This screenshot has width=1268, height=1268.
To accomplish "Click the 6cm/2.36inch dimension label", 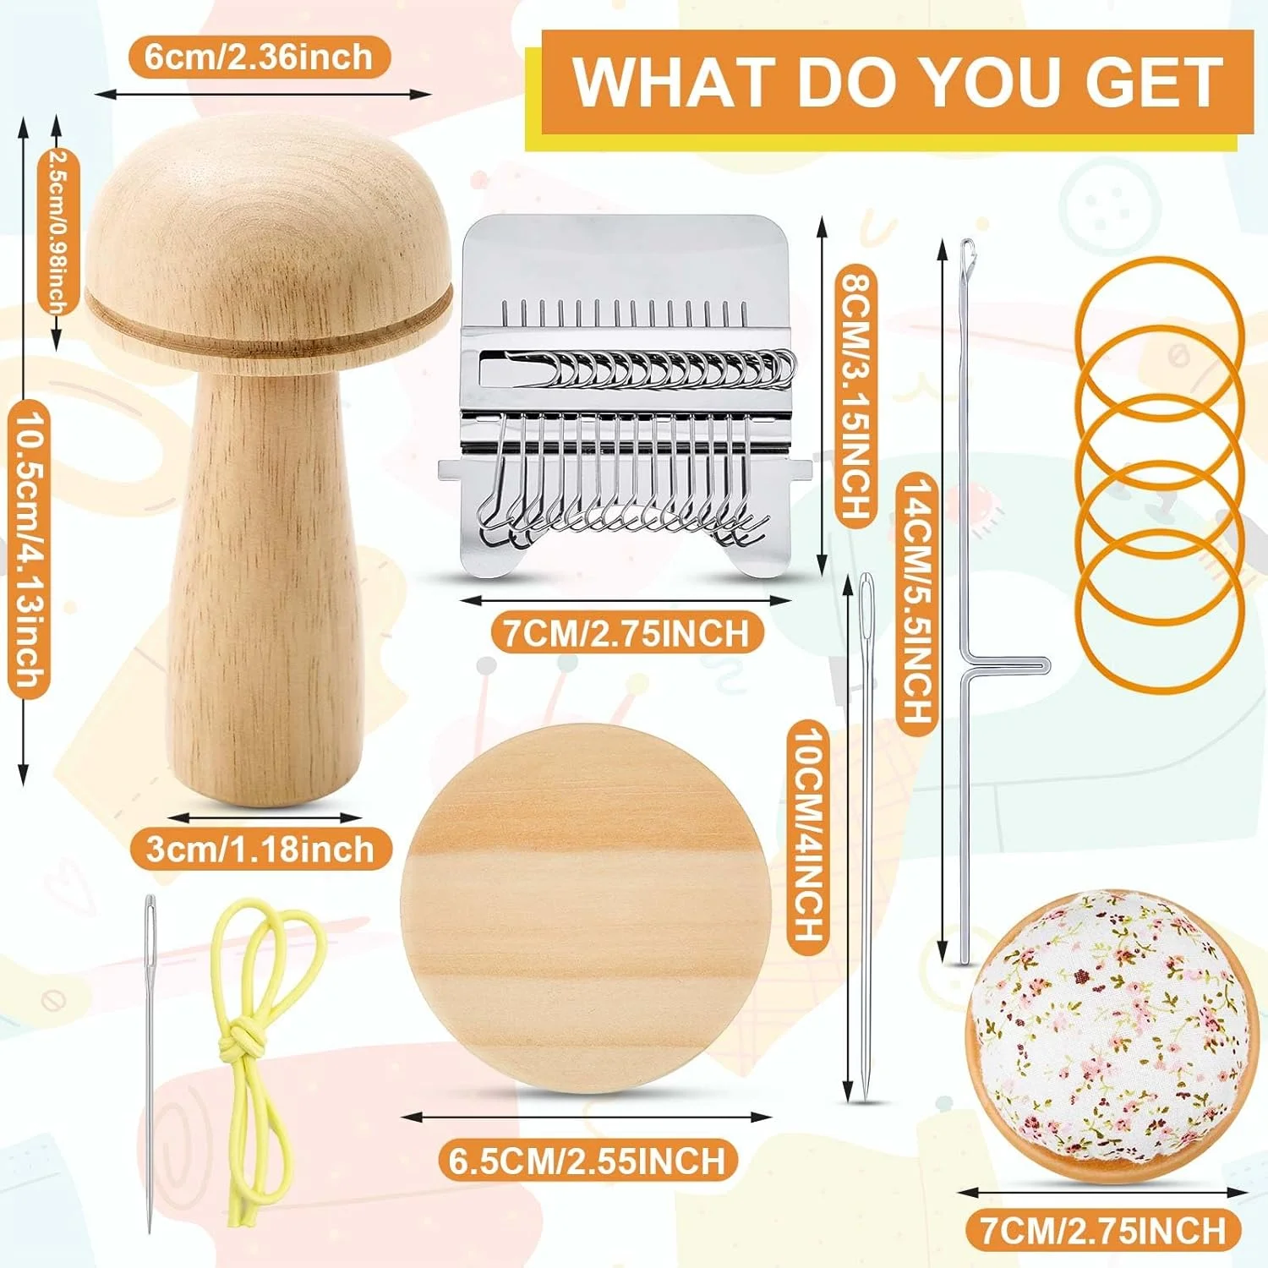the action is click(259, 57).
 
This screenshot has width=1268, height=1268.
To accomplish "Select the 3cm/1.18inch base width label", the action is click(260, 849).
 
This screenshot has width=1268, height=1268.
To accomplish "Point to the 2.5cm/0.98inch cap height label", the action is click(58, 231).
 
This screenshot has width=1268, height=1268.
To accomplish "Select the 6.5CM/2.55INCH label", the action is click(588, 1160).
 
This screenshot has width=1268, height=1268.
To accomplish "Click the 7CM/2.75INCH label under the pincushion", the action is click(1103, 1230).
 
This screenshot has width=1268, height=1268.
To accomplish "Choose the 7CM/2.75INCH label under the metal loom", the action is click(627, 633).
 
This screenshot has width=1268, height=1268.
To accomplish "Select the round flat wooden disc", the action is click(586, 909).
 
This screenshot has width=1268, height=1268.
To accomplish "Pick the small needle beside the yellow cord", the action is click(150, 1063).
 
